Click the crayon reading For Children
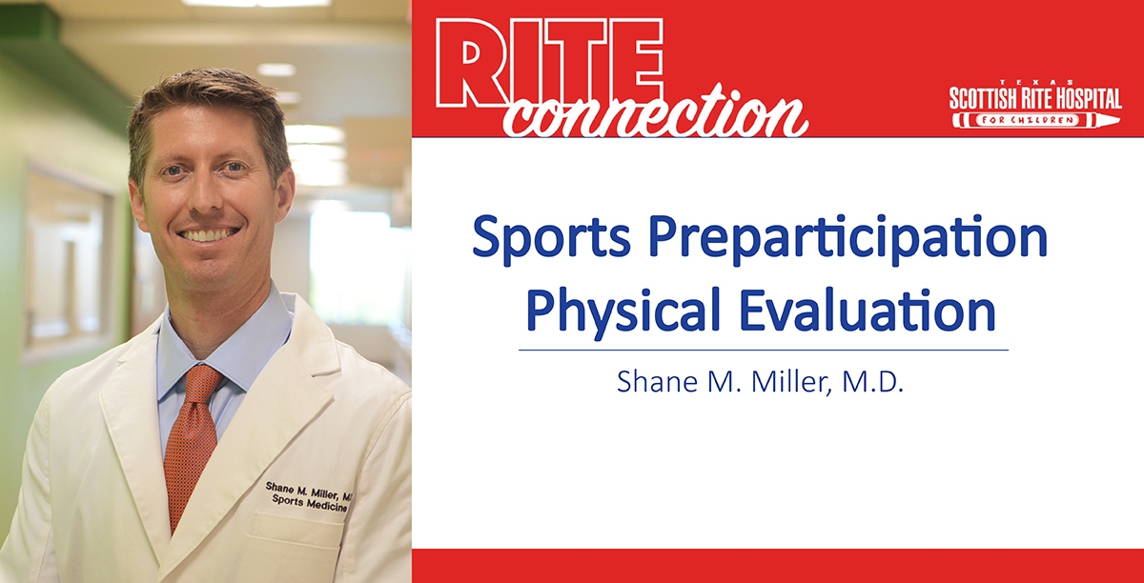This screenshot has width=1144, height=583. (x=1033, y=120)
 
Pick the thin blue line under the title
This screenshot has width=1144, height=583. (x=763, y=350)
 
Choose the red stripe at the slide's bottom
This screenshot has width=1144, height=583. (x=777, y=566)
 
